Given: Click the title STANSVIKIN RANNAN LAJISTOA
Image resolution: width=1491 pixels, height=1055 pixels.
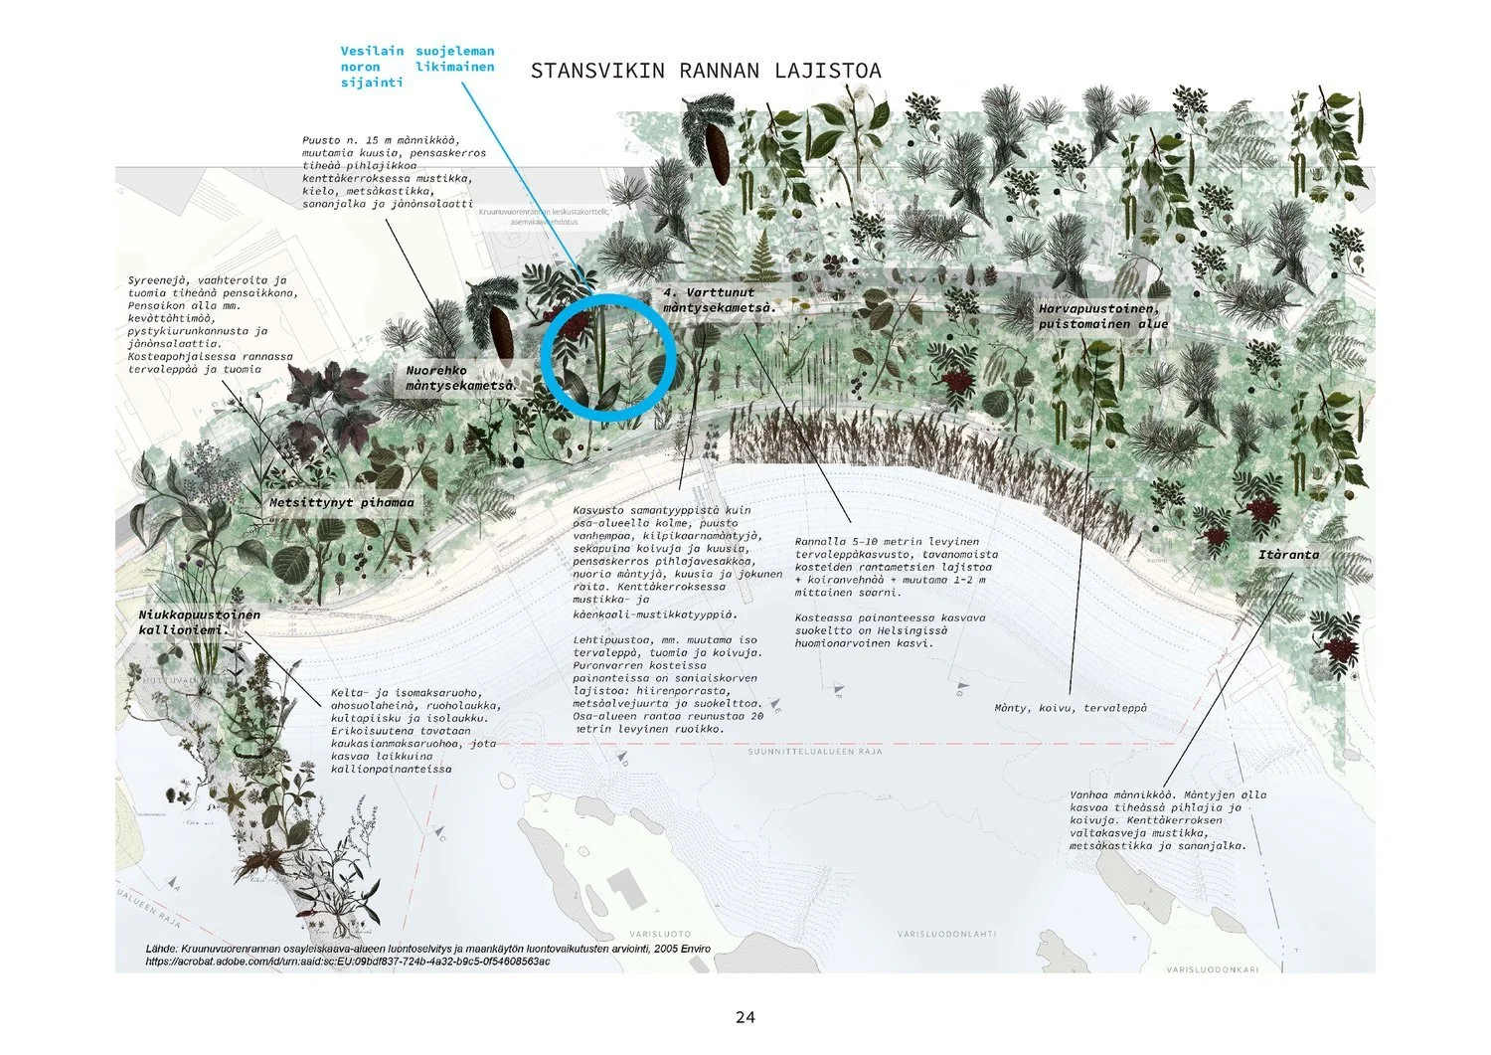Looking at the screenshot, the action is coord(706,71).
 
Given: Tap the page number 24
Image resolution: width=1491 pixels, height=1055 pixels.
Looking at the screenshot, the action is coord(745,1017).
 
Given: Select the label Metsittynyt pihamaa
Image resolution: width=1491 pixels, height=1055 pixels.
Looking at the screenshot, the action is coord(341,503).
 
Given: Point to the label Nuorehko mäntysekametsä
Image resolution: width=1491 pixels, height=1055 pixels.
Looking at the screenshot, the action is coord(459,378).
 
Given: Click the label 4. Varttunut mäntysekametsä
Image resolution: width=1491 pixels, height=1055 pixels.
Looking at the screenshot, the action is coord(720,300).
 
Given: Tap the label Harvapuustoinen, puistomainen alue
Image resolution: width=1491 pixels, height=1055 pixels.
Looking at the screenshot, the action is coord(1103,316).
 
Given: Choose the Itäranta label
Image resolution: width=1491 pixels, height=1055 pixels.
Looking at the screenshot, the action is coord(1288,555).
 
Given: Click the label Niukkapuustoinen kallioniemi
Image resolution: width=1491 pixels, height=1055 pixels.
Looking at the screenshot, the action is coord(199,622).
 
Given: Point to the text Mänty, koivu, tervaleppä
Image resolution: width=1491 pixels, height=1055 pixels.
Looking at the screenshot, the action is coord(1071,708).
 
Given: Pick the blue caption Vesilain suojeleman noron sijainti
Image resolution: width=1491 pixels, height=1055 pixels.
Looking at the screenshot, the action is coord(416,67).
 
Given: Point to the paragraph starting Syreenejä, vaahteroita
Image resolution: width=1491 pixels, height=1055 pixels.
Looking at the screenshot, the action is coord(212,324).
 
